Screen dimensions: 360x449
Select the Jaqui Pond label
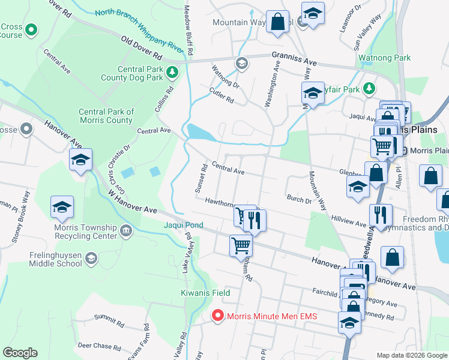[x=184, y=226]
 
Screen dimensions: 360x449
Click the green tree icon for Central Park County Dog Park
[x=173, y=73]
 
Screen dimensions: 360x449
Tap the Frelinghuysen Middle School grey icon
[x=91, y=259]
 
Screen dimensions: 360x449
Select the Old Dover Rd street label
[x=142, y=48]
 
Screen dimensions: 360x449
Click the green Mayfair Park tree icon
[x=370, y=89]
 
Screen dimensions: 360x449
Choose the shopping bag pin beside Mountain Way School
[x=277, y=23]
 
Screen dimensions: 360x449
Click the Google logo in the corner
[x=20, y=353]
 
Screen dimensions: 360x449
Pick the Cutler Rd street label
[x=221, y=95]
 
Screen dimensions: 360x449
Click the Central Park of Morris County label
[x=106, y=116]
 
